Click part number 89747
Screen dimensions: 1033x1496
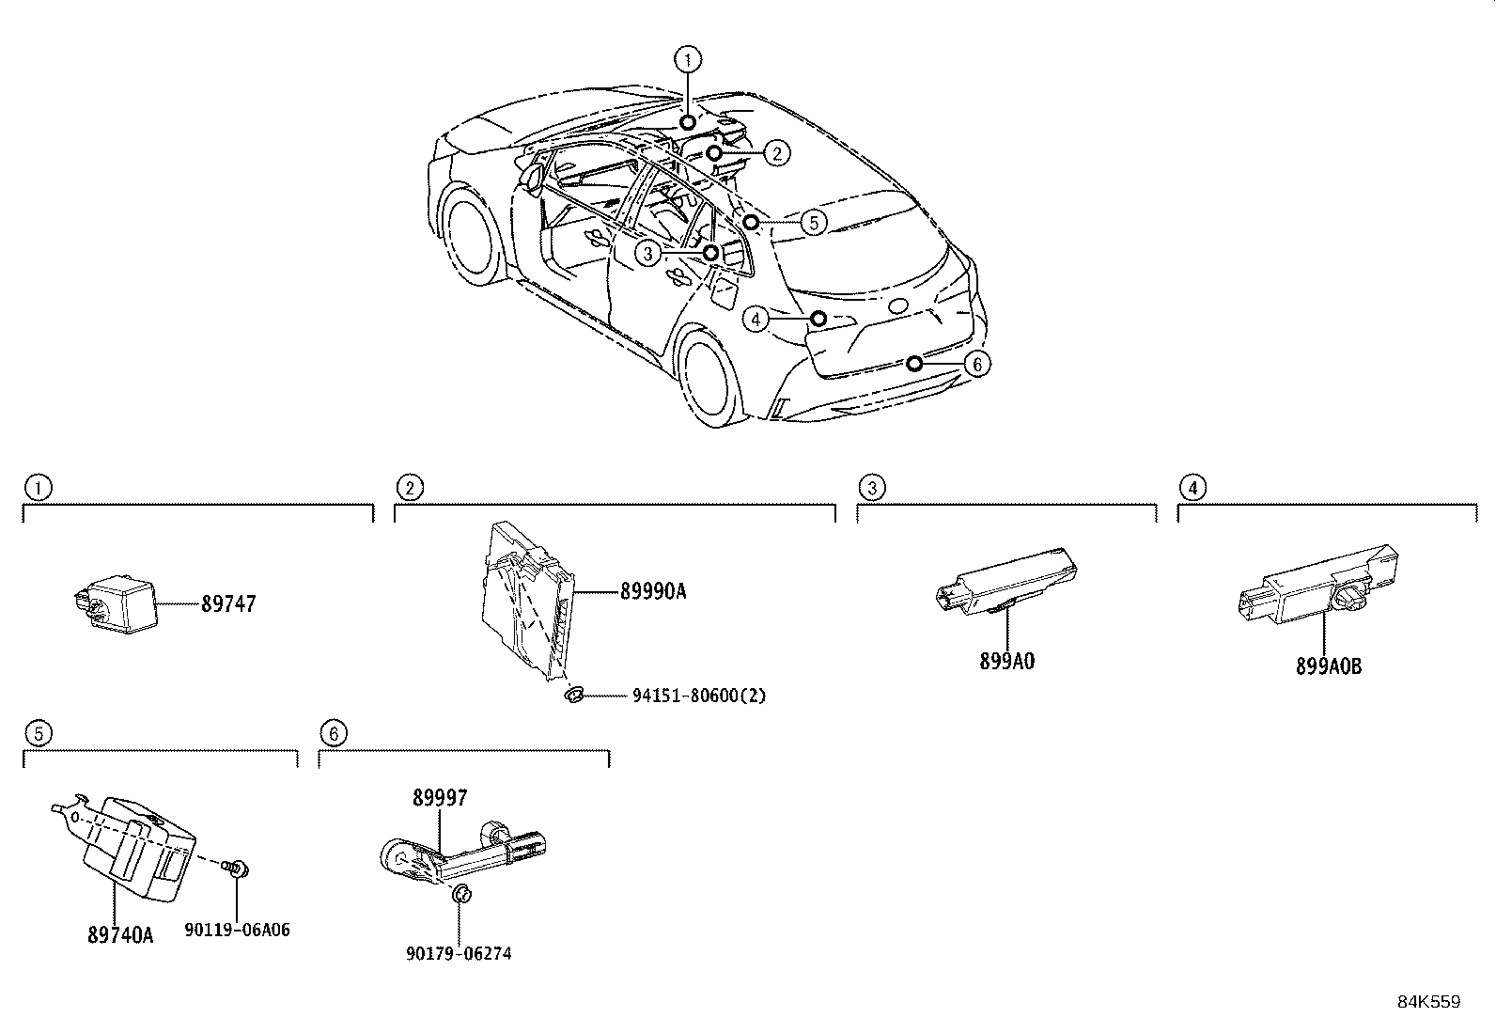(227, 604)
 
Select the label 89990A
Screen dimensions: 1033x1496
(653, 591)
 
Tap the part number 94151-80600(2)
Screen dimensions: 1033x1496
(698, 696)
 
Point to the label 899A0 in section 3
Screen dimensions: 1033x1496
(1006, 661)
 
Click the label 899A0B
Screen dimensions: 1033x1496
(1328, 666)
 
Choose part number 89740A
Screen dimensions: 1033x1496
(119, 935)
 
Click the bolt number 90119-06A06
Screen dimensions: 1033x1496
(237, 930)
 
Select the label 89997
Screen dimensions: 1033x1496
(440, 798)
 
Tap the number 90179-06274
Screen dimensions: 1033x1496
(459, 953)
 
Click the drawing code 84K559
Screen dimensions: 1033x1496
(1428, 1002)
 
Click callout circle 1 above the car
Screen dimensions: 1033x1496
(688, 60)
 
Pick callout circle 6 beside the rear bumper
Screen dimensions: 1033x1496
(977, 364)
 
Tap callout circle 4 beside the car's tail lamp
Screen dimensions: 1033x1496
(756, 320)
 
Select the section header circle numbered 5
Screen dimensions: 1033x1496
(36, 732)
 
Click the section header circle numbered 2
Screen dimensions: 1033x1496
(409, 487)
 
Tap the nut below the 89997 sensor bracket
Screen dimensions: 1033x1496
(460, 894)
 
